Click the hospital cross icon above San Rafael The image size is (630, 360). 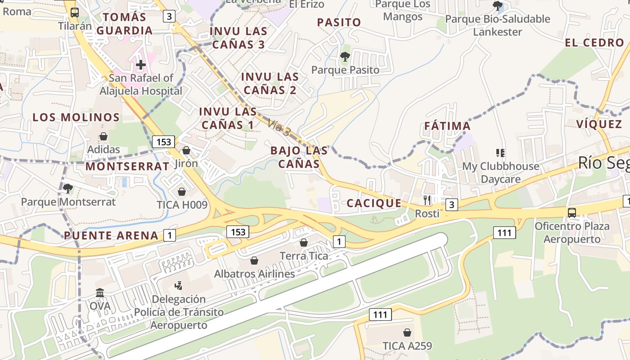(x=141, y=65)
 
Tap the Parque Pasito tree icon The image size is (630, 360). (x=345, y=57)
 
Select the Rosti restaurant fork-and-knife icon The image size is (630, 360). (x=427, y=200)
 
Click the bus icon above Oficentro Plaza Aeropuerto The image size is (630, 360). (x=571, y=212)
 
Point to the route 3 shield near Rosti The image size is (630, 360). (x=452, y=205)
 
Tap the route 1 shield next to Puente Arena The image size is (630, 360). (x=169, y=235)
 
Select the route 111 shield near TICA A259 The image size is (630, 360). (x=380, y=315)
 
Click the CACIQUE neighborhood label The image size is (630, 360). (x=374, y=203)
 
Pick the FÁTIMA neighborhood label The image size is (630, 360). (x=447, y=126)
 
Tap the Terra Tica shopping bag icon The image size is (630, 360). (x=304, y=243)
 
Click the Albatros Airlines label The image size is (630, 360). (x=254, y=274)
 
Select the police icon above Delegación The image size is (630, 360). (x=178, y=285)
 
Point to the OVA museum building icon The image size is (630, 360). (x=100, y=293)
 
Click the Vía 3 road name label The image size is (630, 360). (x=279, y=128)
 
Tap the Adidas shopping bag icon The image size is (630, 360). (x=103, y=136)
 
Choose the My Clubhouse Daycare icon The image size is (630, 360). (x=500, y=153)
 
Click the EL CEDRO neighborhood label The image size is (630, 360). (x=594, y=43)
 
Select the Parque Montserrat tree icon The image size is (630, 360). (x=68, y=188)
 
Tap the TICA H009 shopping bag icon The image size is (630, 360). (x=182, y=192)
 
